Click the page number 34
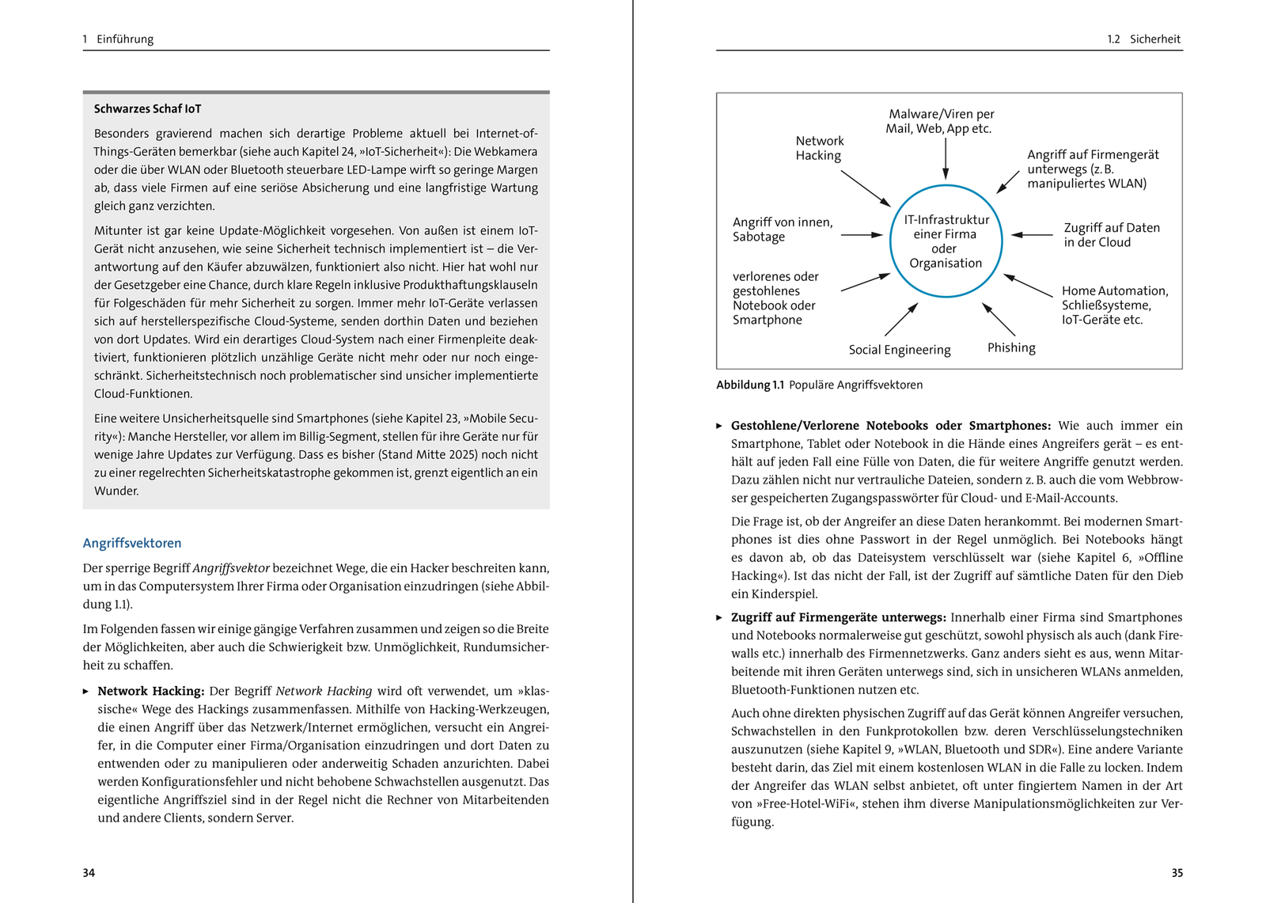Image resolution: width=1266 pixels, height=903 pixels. pyautogui.click(x=89, y=873)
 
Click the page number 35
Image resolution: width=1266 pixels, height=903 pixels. pyautogui.click(x=1177, y=873)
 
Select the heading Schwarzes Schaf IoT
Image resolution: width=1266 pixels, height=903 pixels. pyautogui.click(x=147, y=109)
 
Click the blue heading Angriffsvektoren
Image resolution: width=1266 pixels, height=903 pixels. pyautogui.click(x=132, y=543)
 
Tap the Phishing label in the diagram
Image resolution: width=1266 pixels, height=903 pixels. pyautogui.click(x=1011, y=347)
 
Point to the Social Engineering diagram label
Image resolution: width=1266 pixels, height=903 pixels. pyautogui.click(x=900, y=350)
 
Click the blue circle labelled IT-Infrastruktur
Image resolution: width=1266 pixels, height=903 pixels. pyautogui.click(x=946, y=241)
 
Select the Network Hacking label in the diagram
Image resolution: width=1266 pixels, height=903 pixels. pyautogui.click(x=819, y=148)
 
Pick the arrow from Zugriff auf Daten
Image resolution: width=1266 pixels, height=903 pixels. pyautogui.click(x=1032, y=235)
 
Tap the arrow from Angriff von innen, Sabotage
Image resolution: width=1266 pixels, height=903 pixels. pyautogui.click(x=862, y=235)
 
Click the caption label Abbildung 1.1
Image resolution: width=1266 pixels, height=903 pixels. pyautogui.click(x=749, y=385)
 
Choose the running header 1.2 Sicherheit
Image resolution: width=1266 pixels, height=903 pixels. pyautogui.click(x=1143, y=39)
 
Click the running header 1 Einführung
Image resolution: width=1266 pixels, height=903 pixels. pyautogui.click(x=118, y=39)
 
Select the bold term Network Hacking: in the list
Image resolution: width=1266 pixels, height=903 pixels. pyautogui.click(x=151, y=691)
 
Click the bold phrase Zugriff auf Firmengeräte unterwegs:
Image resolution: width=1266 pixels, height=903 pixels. pyautogui.click(x=838, y=617)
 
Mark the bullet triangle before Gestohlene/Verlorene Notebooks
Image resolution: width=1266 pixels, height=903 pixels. pyautogui.click(x=719, y=426)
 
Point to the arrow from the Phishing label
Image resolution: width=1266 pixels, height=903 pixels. pyautogui.click(x=999, y=319)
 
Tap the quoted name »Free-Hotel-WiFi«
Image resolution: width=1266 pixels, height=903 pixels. pyautogui.click(x=808, y=804)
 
